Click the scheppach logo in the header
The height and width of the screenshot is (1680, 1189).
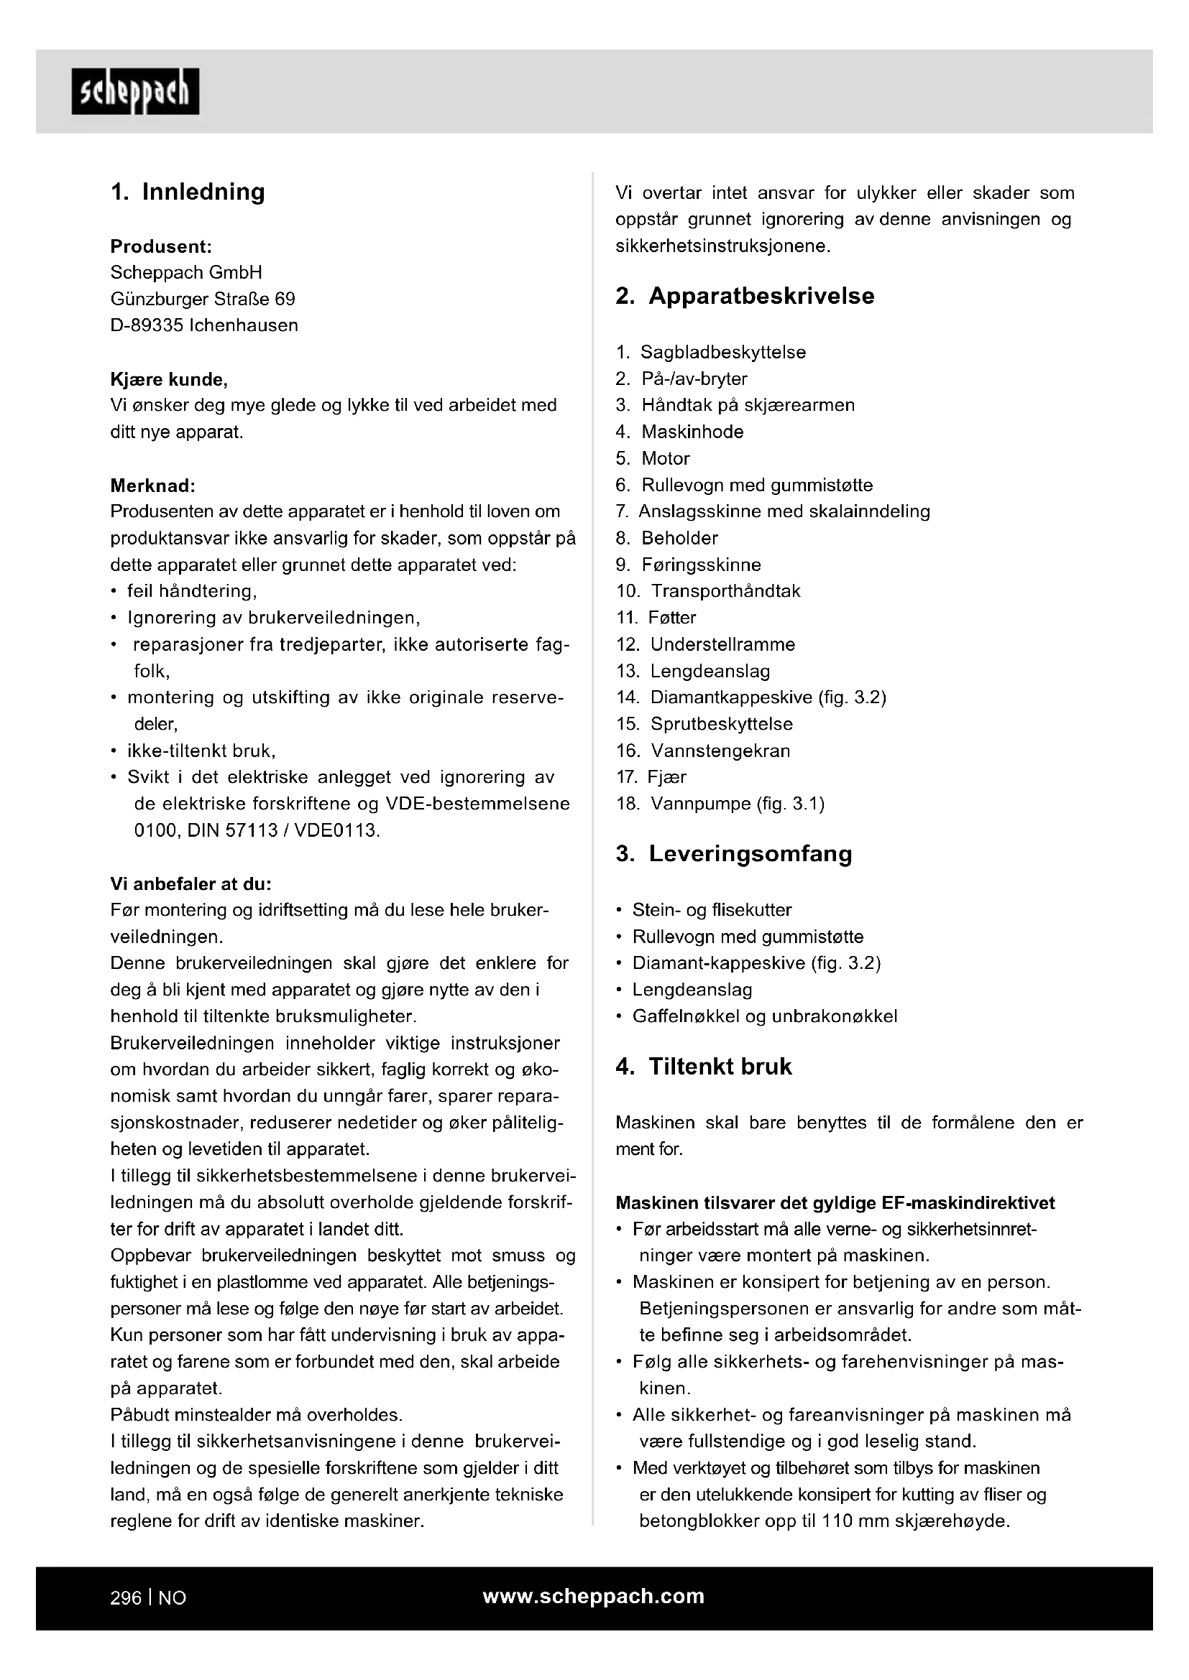(x=135, y=91)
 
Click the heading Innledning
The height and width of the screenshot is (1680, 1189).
(x=203, y=192)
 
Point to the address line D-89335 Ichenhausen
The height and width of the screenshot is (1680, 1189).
(x=204, y=325)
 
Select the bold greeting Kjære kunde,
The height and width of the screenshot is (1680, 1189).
(x=169, y=380)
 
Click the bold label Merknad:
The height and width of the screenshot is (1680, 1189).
(x=153, y=486)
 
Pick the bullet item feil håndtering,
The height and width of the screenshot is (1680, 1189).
(x=192, y=591)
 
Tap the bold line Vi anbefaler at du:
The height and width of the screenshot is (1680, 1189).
(x=191, y=884)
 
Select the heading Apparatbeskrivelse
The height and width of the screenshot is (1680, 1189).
(x=761, y=296)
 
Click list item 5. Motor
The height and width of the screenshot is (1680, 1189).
(x=665, y=459)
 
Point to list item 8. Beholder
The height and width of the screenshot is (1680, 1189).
(x=679, y=539)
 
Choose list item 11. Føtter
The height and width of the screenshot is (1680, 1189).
(x=671, y=618)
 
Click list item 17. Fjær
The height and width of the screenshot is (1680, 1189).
(x=666, y=777)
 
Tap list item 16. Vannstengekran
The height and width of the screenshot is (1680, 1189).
(x=720, y=751)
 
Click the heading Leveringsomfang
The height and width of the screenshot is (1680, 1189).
(x=750, y=854)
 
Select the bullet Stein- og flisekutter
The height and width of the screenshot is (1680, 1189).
(x=712, y=910)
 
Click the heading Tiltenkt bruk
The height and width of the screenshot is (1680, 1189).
(x=720, y=1066)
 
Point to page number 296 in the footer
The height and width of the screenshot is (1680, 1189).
(x=125, y=1598)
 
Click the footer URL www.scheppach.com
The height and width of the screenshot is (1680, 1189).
(x=593, y=1597)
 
